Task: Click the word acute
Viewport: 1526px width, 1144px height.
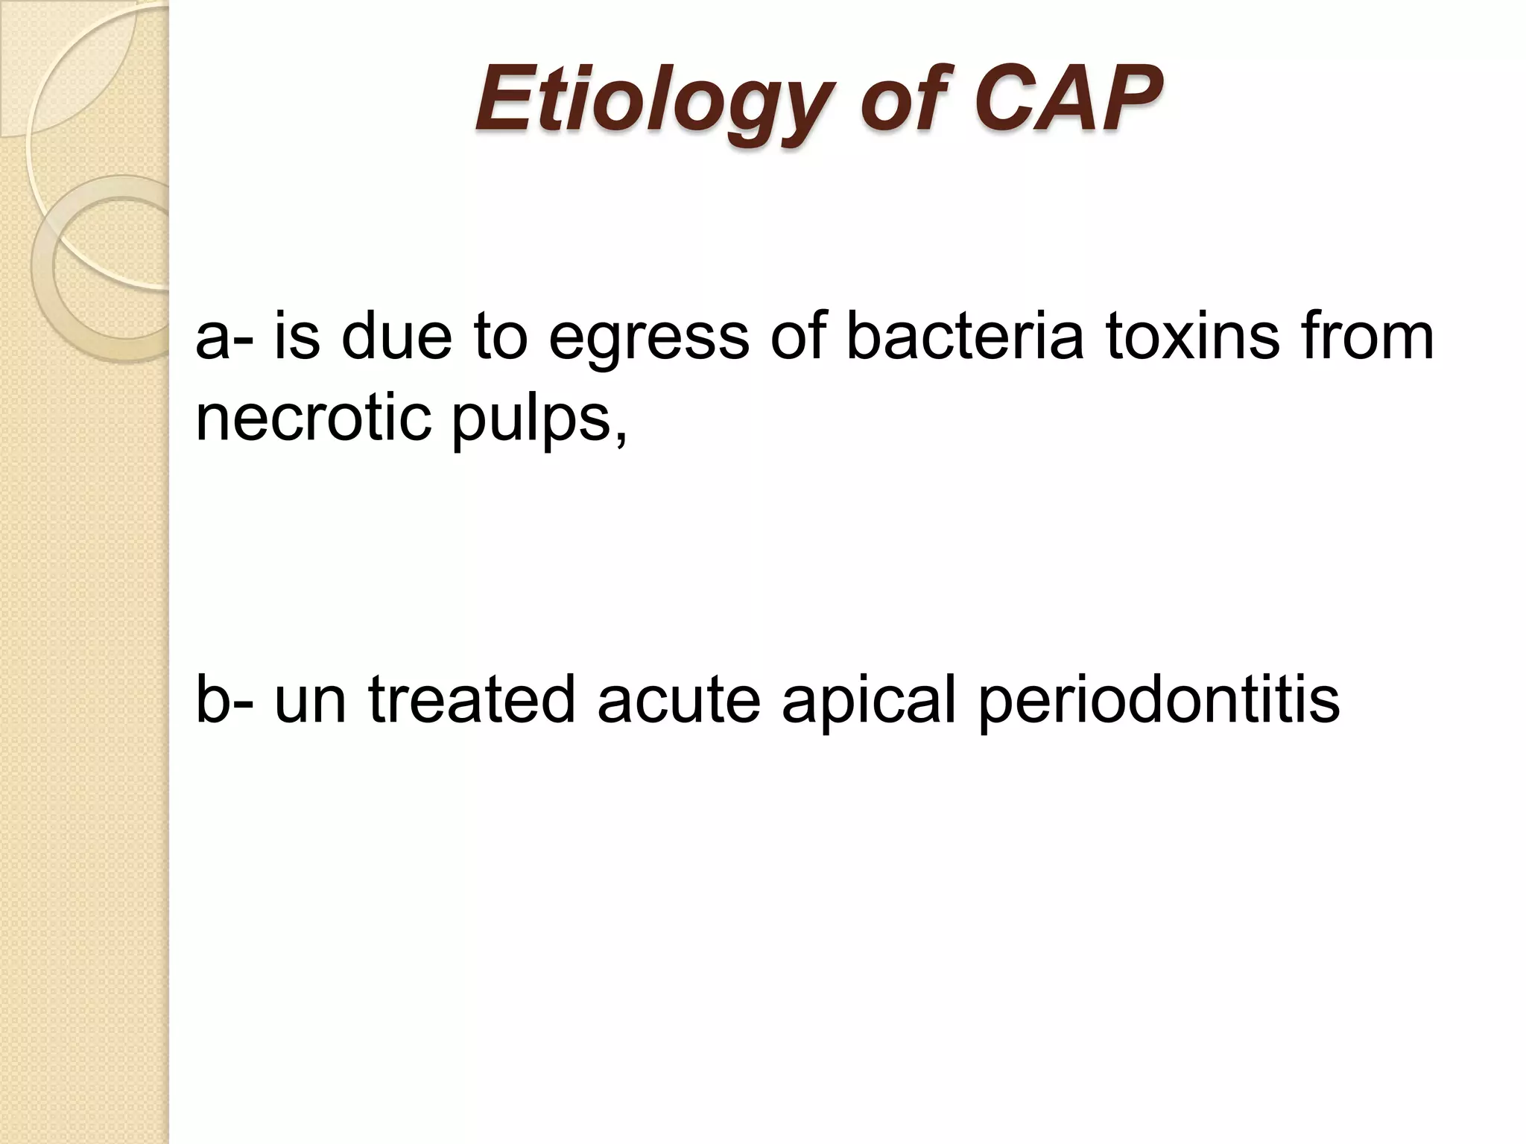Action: [678, 700]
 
